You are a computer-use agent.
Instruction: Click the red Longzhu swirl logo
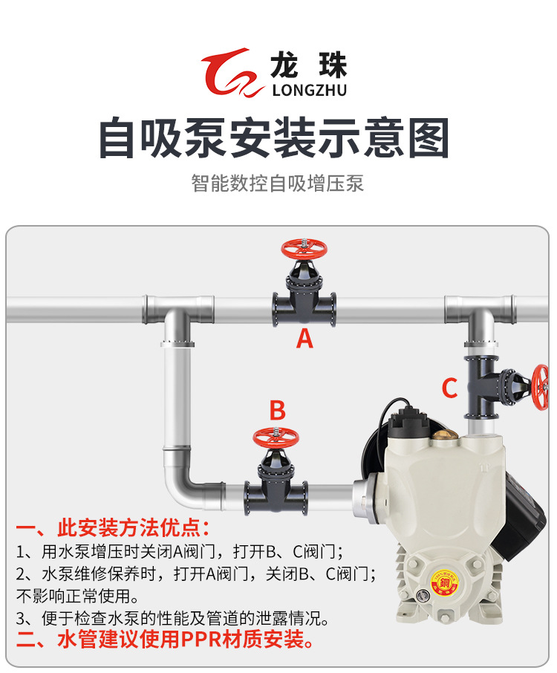coord(233,74)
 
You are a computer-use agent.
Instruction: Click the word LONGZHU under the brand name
coord(310,91)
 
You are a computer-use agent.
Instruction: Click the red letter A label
coord(304,339)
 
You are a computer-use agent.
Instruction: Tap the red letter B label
coord(277,410)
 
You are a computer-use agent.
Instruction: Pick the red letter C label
coord(449,388)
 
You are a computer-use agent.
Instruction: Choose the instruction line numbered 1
coord(179,552)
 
